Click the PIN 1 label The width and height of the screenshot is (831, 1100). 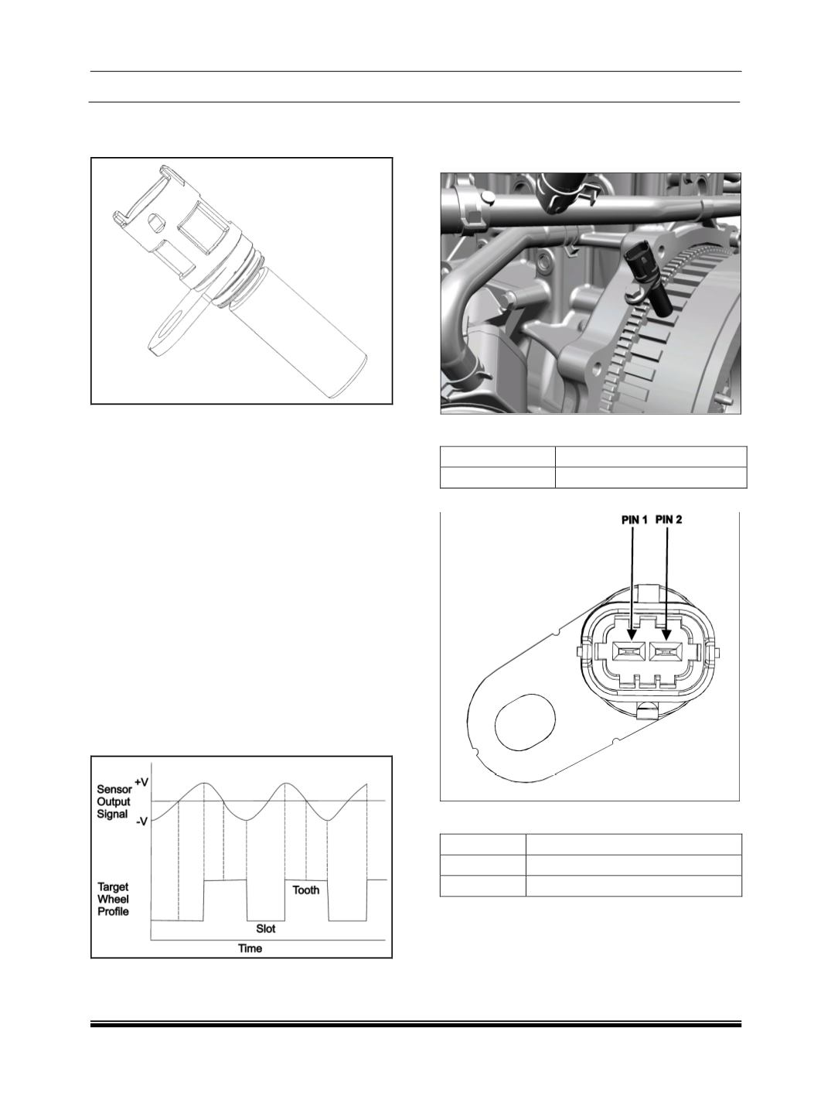pyautogui.click(x=634, y=520)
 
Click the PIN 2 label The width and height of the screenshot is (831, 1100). pyautogui.click(x=669, y=520)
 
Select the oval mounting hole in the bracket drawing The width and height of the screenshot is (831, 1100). pyautogui.click(x=525, y=723)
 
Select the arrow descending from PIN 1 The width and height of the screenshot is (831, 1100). pyautogui.click(x=633, y=582)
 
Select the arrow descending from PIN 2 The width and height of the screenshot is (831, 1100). pyautogui.click(x=667, y=582)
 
